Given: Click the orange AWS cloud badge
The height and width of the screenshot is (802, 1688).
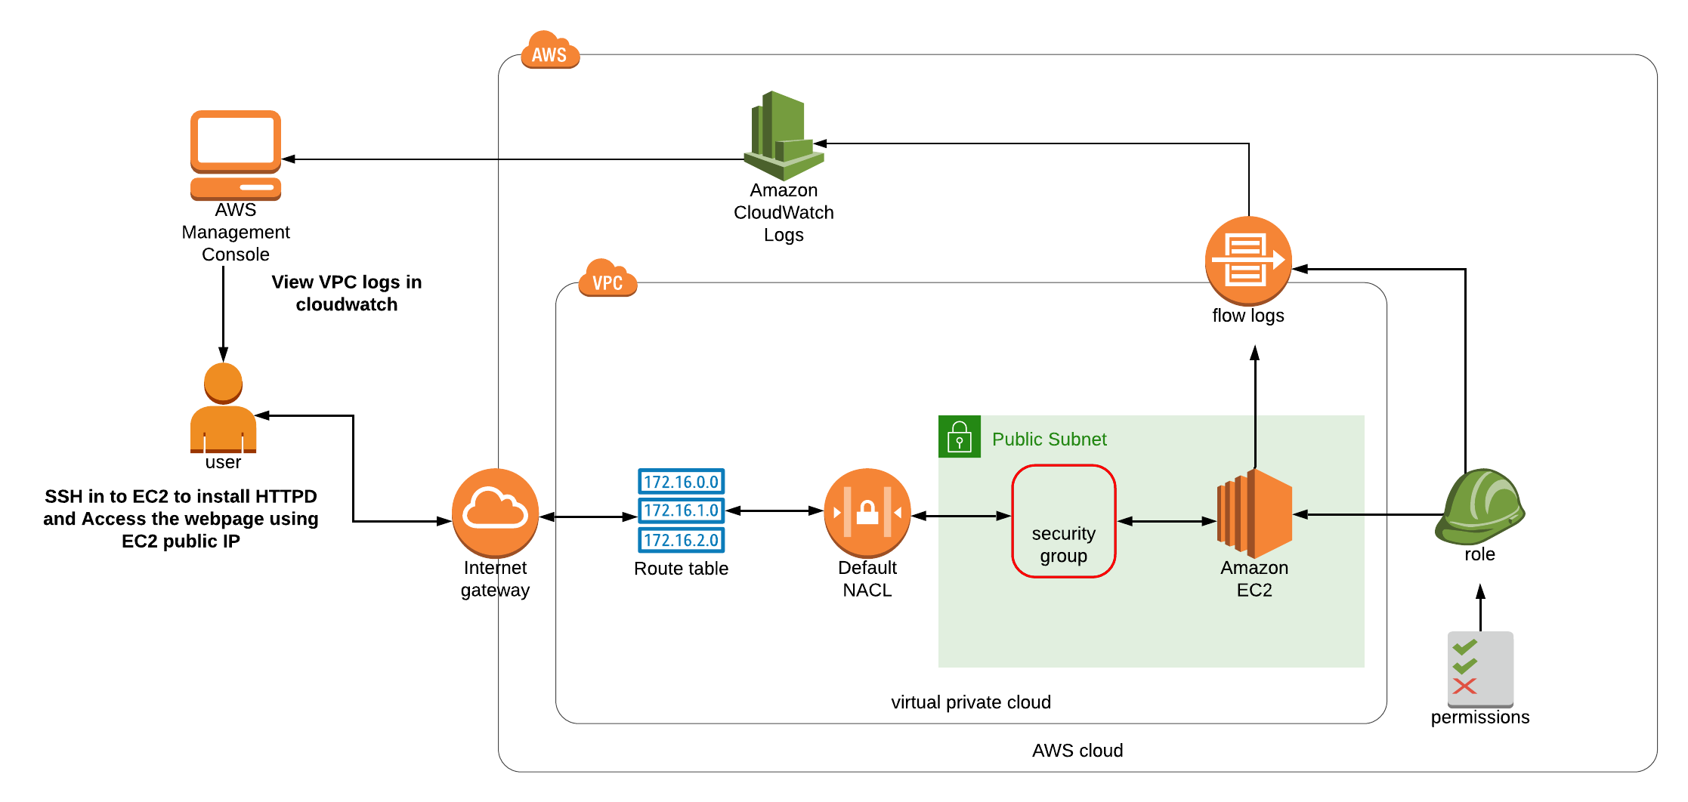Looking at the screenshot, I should point(549,51).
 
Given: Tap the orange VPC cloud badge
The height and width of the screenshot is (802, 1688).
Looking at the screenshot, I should point(607,279).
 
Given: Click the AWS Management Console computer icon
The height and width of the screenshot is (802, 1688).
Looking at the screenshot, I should point(236,154).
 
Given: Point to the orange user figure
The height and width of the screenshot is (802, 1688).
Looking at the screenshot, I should point(223,408).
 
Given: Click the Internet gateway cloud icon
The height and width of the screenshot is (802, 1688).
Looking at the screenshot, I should point(495,512).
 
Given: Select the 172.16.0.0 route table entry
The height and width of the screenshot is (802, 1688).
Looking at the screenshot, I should point(681,482).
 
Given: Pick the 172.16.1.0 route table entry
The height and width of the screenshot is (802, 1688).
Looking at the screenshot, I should point(681,511).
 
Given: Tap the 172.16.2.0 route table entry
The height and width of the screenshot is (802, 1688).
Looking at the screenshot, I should point(681,540).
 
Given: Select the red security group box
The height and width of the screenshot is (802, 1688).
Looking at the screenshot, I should point(1063,521).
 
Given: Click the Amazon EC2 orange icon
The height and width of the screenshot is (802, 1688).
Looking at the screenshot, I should point(1254,514).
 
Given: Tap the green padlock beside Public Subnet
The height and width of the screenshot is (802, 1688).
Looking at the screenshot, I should point(959,436).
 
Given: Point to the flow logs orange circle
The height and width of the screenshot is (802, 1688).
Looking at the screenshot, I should point(1248,261).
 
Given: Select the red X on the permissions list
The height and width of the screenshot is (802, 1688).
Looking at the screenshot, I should point(1464,686).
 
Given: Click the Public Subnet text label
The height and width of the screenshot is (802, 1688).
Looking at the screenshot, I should point(1049,440).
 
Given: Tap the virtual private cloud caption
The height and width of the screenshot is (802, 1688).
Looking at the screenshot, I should point(971,702).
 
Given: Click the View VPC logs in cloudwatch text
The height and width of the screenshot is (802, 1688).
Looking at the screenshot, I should point(347,293).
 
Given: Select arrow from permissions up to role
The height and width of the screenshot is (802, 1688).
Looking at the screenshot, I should point(1480,607).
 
